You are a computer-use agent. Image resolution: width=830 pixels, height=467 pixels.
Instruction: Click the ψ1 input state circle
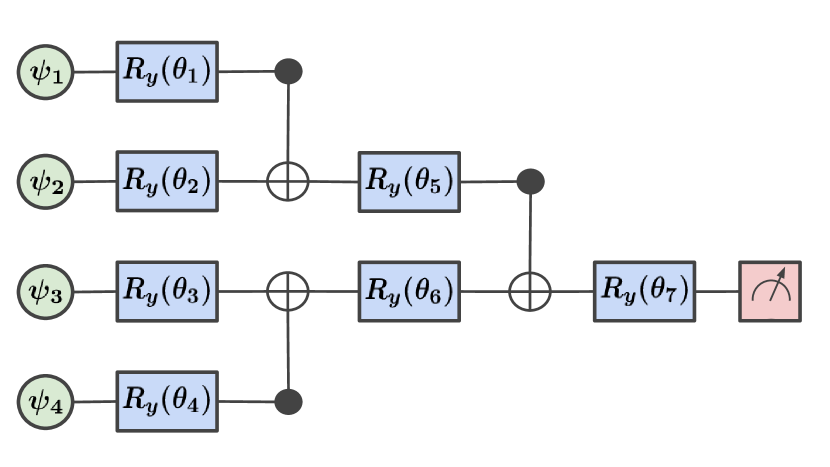[46, 72]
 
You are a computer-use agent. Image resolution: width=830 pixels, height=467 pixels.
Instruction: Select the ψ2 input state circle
[46, 182]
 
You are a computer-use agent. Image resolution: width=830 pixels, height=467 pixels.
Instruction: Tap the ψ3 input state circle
[46, 292]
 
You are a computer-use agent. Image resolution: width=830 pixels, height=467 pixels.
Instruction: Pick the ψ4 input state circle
[46, 402]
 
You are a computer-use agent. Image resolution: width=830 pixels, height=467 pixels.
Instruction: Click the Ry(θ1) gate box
[167, 72]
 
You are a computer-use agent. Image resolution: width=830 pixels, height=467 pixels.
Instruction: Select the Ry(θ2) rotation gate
[167, 182]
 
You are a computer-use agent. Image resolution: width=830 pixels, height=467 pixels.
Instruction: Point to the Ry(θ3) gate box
[167, 292]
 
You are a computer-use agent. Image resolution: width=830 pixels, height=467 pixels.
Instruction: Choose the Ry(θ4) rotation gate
[167, 402]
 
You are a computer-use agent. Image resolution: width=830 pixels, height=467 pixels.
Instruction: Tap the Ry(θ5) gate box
[409, 182]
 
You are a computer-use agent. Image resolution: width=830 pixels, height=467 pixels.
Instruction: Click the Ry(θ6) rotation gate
[409, 292]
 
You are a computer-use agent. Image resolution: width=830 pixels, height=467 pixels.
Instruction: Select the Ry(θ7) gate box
[645, 292]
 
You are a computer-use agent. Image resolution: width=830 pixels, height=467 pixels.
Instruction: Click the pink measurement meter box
[769, 292]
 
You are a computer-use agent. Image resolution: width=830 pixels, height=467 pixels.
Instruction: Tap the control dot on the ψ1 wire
[289, 72]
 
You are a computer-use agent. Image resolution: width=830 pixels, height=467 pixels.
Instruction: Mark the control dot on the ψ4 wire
[289, 402]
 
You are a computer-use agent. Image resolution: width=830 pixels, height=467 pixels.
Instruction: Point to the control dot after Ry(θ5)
[530, 182]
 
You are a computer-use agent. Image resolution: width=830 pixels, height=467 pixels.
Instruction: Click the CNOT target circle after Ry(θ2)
[289, 182]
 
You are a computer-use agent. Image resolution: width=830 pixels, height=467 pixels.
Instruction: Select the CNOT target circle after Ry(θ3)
[289, 292]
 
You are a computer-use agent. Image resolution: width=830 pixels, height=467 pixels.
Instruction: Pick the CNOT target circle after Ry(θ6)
[530, 292]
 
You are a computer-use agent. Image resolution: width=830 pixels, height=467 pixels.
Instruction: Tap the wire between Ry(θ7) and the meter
[717, 292]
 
